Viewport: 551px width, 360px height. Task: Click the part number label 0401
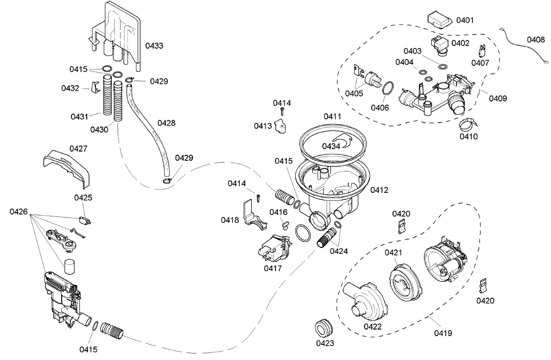point(465,20)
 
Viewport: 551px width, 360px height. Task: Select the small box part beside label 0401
point(439,19)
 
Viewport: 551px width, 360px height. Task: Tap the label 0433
point(154,45)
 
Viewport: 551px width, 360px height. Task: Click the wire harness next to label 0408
point(524,46)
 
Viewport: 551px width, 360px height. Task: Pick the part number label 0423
point(325,343)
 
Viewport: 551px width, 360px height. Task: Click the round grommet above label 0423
point(324,328)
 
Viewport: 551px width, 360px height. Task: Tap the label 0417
point(273,268)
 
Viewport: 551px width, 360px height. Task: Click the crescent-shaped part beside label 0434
point(343,141)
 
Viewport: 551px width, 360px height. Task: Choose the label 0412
point(379,190)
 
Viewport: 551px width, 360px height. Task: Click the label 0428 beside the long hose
point(166,123)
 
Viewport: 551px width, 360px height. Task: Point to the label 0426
point(18,212)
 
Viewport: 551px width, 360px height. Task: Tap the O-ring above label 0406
point(388,88)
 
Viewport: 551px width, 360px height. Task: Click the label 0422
point(372,326)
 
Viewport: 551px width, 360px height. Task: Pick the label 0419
point(443,333)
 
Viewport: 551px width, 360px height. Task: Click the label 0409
point(498,98)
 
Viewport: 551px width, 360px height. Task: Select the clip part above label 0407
point(482,51)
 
